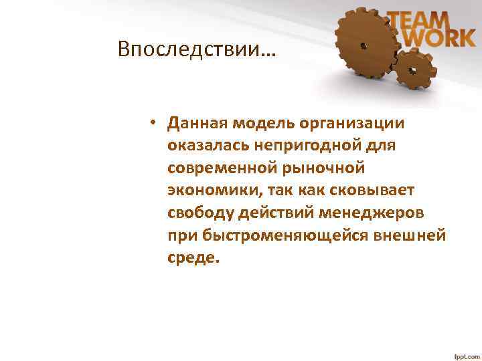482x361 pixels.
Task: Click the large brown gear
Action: coord(366,45)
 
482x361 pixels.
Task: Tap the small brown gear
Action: coord(413,70)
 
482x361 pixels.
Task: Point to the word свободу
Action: coord(200,213)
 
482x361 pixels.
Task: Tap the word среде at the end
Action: coord(193,258)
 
